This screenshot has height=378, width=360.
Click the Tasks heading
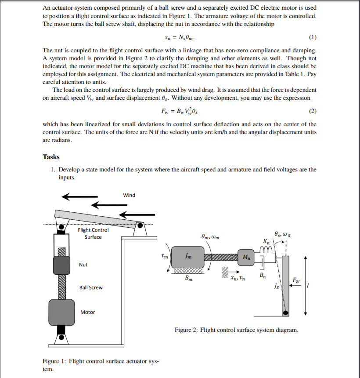51,157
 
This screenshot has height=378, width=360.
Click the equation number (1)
312,36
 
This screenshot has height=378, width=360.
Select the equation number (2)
312,110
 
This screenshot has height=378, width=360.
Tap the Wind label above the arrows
129,195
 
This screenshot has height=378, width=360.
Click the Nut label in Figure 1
83,265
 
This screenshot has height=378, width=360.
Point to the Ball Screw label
90,287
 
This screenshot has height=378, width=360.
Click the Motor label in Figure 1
87,312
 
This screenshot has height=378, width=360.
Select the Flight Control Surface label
93,233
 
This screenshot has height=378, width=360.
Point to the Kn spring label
266,241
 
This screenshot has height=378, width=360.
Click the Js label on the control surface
276,287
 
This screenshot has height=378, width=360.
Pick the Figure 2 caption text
236,330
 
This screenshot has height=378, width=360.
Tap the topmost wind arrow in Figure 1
79,196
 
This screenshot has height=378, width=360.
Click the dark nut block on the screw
61,265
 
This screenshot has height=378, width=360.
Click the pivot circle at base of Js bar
286,313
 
